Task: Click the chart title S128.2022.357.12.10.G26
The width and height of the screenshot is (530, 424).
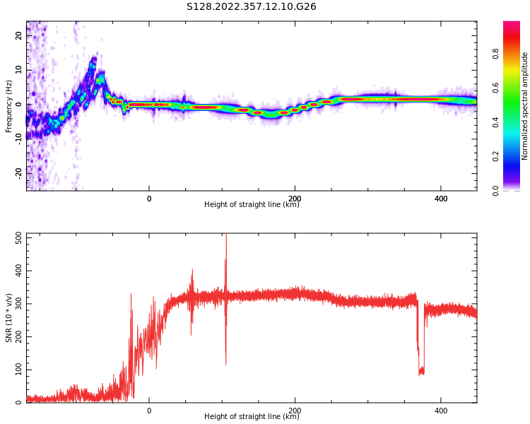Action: pos(252,7)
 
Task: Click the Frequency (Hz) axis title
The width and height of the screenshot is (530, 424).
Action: pos(9,106)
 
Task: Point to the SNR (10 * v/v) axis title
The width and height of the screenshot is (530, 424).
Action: pos(9,318)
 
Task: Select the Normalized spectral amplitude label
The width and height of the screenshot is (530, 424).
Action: pos(525,106)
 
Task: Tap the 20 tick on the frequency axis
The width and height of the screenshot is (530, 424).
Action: pos(20,36)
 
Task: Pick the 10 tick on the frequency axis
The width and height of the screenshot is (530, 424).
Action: pos(20,70)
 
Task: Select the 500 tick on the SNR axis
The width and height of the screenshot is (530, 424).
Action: pos(18,238)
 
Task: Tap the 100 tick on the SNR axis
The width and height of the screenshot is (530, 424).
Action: pos(18,370)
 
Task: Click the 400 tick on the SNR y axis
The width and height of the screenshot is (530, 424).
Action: pos(18,271)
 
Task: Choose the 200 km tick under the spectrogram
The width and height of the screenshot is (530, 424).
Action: pos(295,199)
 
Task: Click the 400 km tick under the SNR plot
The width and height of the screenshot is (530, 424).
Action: pos(441,411)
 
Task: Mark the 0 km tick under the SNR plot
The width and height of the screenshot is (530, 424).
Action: pos(149,411)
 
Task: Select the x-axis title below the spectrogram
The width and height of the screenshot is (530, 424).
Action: pos(252,205)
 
